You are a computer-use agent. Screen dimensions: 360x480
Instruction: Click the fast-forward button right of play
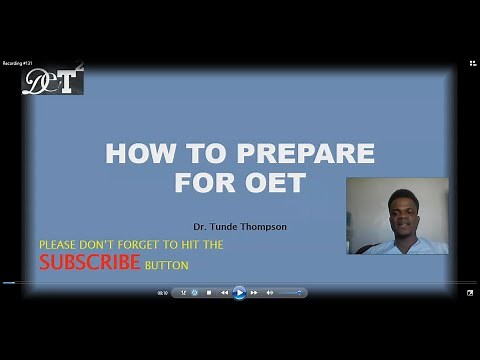click(255, 293)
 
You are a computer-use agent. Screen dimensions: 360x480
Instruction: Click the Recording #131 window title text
click(19, 63)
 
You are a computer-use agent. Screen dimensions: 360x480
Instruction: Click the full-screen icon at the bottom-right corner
click(469, 293)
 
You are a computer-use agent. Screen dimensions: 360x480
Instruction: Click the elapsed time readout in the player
click(162, 293)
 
